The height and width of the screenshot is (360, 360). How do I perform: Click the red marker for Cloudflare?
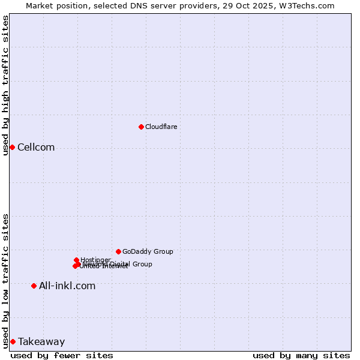(141, 127)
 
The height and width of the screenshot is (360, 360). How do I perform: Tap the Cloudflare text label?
(161, 127)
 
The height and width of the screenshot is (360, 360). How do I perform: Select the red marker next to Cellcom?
(12, 148)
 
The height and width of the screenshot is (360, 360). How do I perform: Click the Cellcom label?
(36, 148)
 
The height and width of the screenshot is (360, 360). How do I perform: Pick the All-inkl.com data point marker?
(34, 286)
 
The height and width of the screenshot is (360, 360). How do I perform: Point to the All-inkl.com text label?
(67, 286)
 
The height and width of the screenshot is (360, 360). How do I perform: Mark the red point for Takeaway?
(13, 342)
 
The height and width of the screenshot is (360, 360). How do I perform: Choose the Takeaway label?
(41, 342)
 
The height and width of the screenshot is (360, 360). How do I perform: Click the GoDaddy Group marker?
(118, 251)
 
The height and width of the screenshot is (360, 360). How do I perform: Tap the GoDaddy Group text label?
(148, 251)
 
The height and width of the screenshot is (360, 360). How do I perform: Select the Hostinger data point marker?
(77, 260)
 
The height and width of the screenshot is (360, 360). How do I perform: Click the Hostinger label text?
(95, 260)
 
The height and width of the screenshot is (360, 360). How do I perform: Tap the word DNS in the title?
(136, 5)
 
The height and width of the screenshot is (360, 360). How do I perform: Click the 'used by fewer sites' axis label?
(62, 355)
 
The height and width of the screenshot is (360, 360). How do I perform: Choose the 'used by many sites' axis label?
(301, 355)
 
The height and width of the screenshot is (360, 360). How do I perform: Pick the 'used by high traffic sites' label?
(5, 85)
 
